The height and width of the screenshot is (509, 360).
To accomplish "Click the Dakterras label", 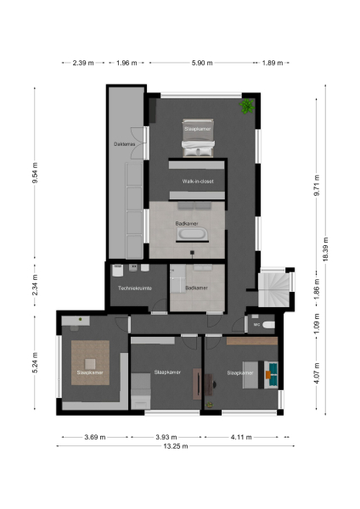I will point(125,144).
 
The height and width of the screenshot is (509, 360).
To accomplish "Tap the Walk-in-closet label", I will point(197,182).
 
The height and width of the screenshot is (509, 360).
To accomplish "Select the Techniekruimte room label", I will point(135,289).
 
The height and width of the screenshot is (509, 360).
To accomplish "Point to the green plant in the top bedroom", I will point(247,107).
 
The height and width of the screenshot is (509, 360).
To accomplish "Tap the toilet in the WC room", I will point(270,324).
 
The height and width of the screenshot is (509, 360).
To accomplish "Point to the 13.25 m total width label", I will point(175,445).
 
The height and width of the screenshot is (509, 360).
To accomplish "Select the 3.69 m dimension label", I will point(93,437).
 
